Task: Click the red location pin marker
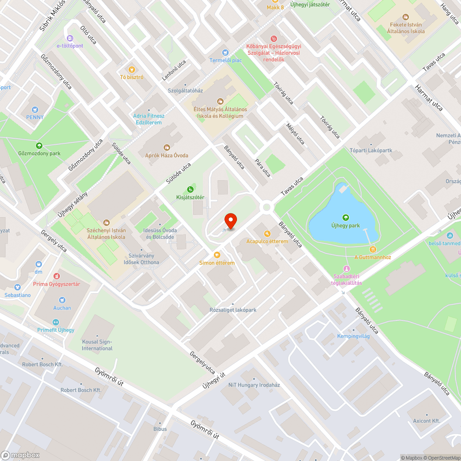230,221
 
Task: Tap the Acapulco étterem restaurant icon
266,234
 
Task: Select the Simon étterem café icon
217,255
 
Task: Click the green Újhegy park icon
345,218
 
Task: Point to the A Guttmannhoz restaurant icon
372,249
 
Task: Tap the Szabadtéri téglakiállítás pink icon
347,269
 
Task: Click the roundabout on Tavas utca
266,207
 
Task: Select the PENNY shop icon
35,109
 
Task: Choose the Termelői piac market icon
225,53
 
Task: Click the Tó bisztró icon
131,69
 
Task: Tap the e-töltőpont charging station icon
70,38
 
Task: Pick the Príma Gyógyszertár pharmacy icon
57,276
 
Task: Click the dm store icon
38,265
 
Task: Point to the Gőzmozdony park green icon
39,145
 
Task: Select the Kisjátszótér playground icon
190,189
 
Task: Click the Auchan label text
62,308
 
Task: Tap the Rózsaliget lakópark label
233,310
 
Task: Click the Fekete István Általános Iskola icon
406,17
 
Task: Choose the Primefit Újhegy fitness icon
56,322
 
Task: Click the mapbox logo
20,455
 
